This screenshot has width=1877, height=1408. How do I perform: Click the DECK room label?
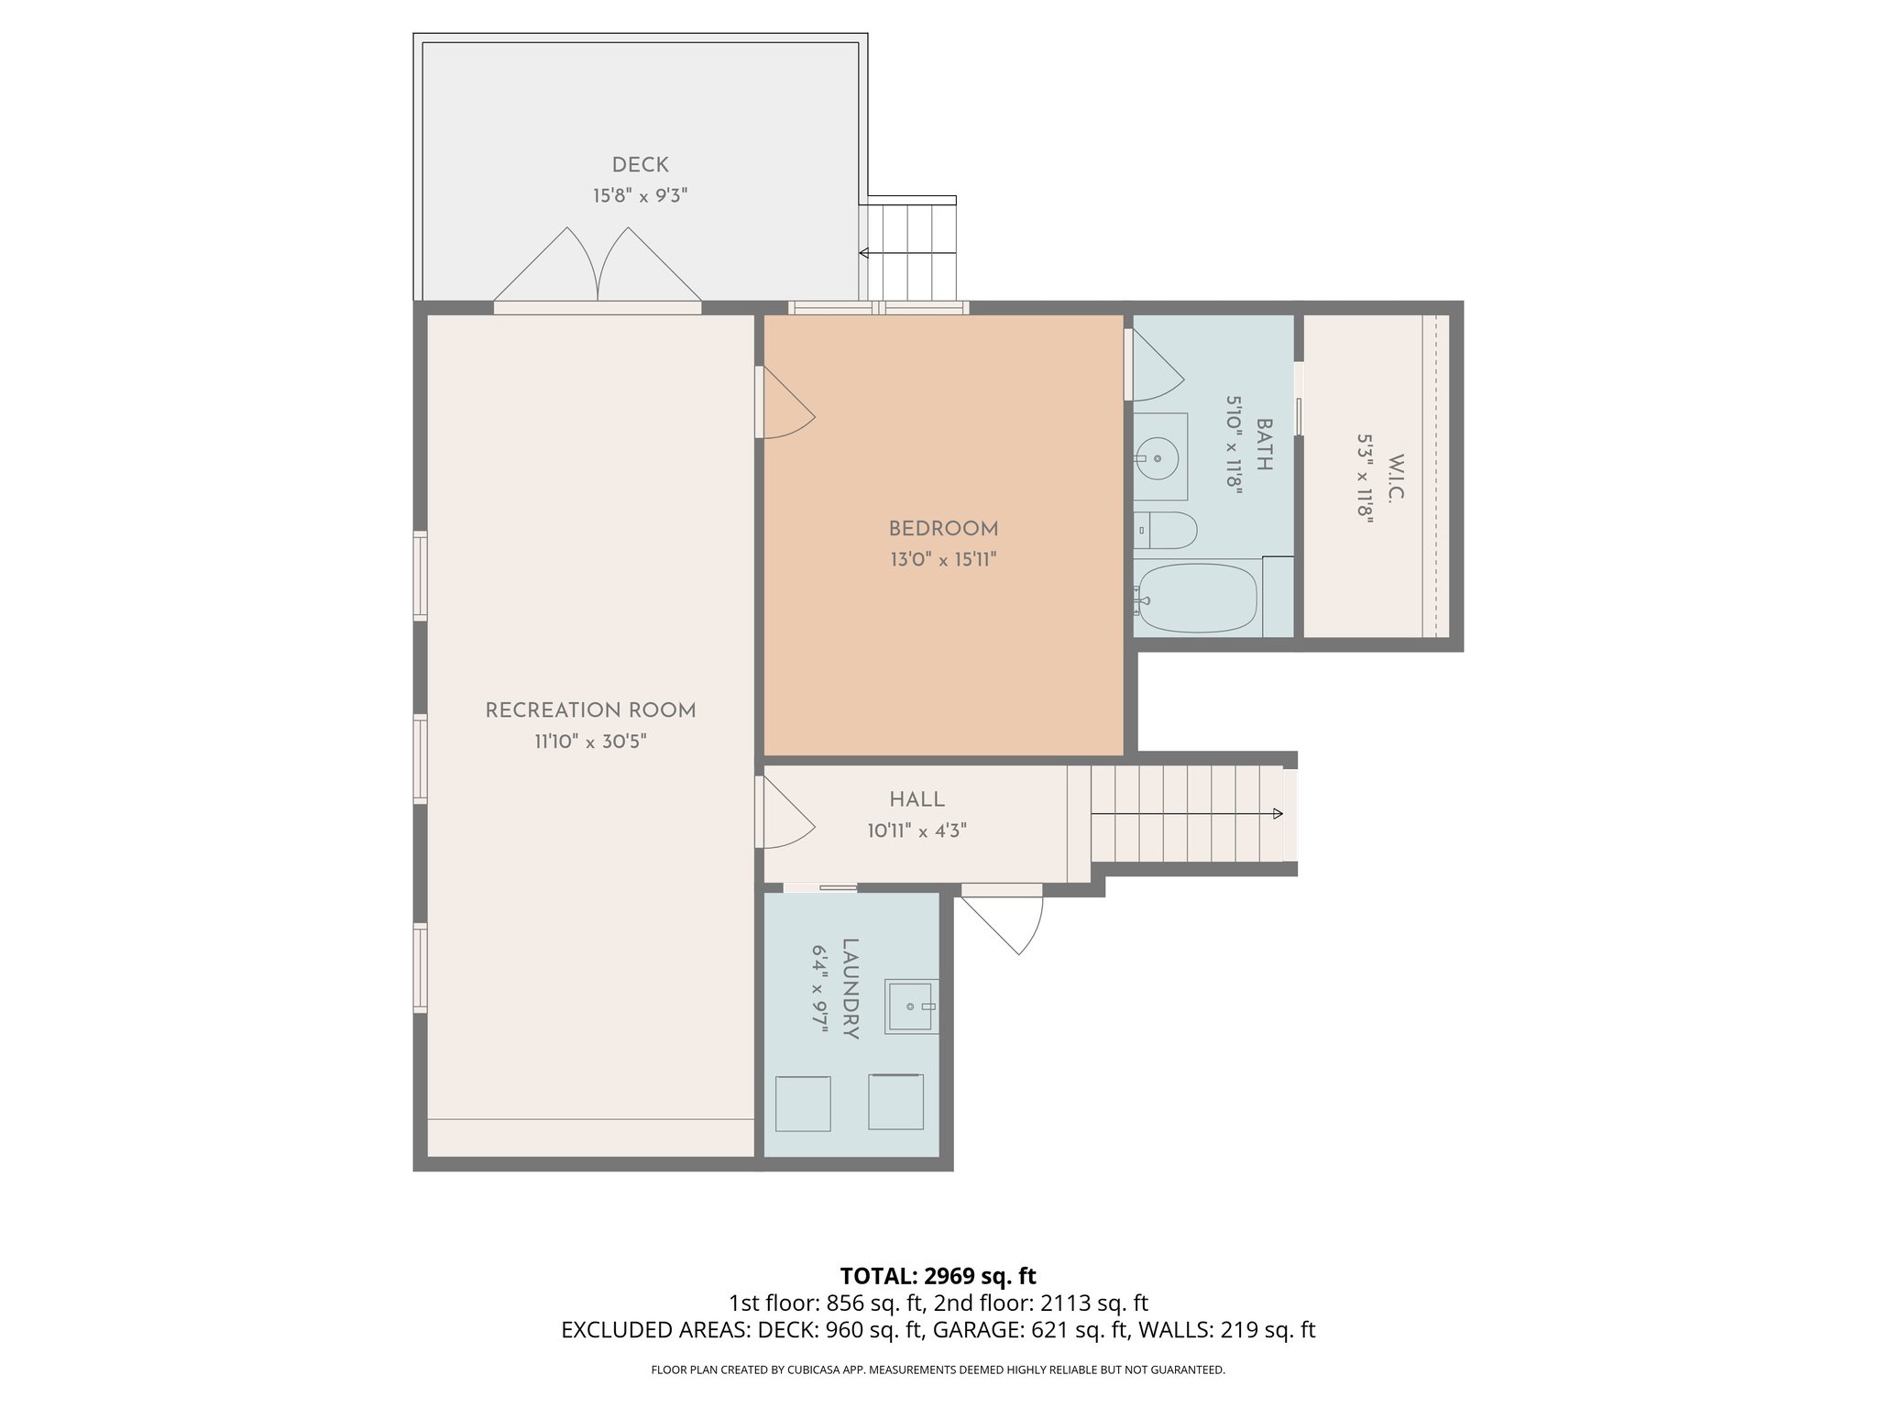640,165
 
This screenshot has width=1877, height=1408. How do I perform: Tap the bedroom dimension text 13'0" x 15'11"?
943,559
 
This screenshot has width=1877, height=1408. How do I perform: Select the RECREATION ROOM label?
590,710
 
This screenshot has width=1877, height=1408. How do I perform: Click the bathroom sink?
1158,456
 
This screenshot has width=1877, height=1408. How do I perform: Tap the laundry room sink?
911,1007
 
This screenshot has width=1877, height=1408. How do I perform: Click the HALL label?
917,799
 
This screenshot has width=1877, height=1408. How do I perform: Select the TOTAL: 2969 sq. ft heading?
938,1275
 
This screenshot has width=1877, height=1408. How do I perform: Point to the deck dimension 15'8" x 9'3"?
640,195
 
